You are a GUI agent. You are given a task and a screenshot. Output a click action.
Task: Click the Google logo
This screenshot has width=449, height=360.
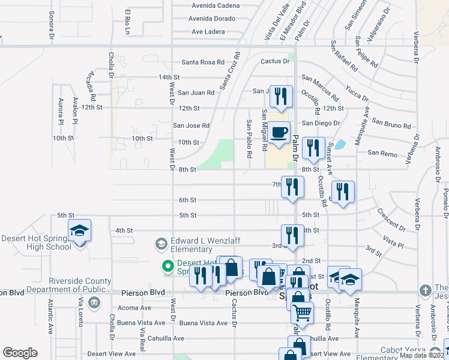tap(20, 352)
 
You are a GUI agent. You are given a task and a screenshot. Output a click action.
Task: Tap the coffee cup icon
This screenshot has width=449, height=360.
tap(279, 133)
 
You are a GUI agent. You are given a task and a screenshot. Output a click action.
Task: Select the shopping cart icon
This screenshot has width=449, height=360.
tap(302, 312)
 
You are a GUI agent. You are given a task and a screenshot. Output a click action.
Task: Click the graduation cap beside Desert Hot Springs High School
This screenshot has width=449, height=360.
tap(78, 231)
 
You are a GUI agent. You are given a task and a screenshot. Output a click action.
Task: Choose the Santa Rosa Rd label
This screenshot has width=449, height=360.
tap(203, 62)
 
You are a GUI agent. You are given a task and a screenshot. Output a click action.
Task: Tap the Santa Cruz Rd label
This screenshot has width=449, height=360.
tap(229, 71)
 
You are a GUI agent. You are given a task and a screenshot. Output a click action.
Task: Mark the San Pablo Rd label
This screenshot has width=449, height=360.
tap(249, 139)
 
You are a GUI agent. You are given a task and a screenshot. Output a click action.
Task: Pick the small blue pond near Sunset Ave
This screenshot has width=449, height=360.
tap(340, 145)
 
